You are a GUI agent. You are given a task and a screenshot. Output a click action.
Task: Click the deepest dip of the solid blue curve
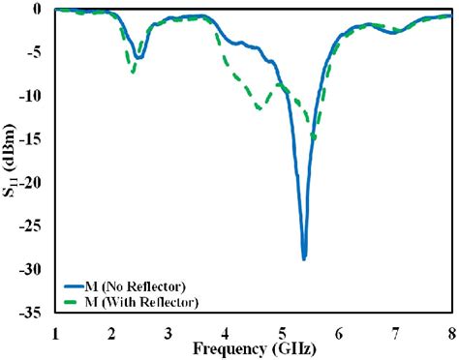[x=304, y=258]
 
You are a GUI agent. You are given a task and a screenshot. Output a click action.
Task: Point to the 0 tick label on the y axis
[x=38, y=9]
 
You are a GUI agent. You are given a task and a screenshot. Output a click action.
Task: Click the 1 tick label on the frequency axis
[x=55, y=333]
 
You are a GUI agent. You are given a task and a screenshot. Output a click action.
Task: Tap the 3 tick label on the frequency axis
[x=168, y=333]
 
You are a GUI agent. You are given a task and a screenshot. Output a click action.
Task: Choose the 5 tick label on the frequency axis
[x=282, y=333]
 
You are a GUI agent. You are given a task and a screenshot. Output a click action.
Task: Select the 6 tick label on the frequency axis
[x=339, y=333]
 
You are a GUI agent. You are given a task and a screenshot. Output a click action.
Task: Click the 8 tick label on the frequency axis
[x=451, y=333]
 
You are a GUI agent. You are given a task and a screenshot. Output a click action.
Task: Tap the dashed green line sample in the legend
[x=76, y=303]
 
